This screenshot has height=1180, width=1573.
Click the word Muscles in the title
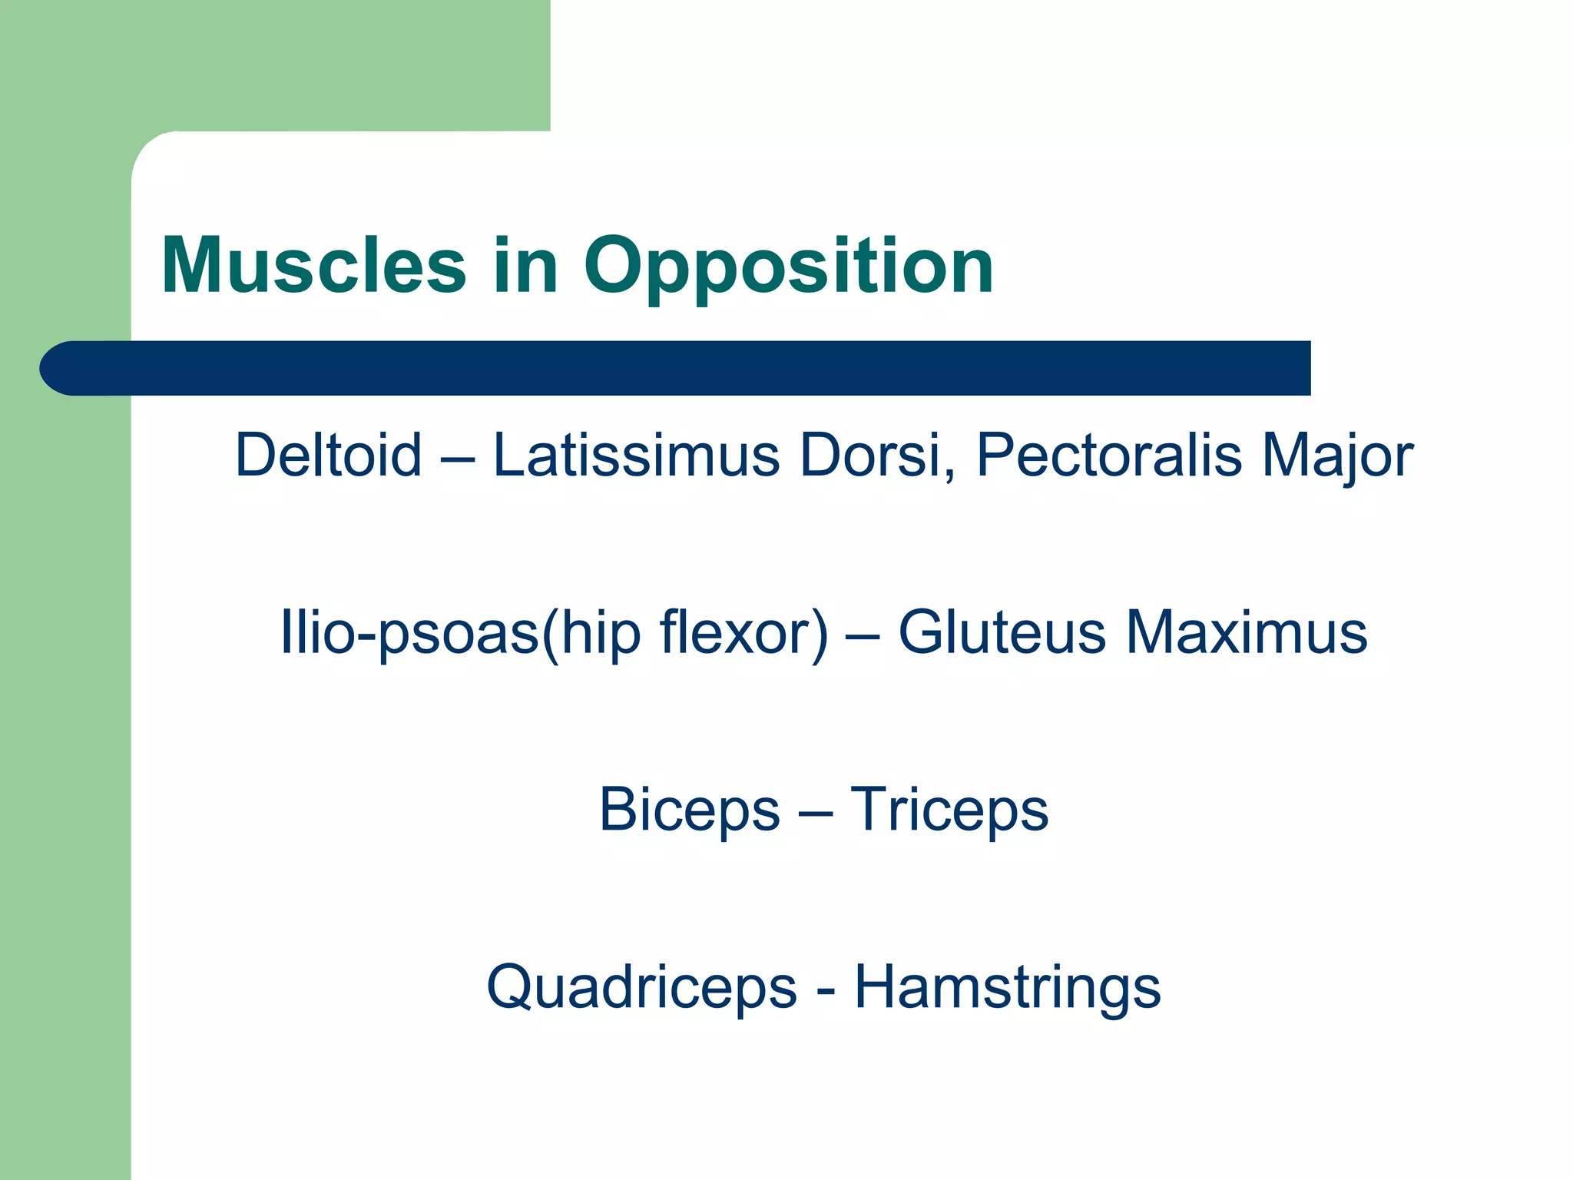[x=313, y=266]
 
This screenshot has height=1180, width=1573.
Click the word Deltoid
[x=329, y=455]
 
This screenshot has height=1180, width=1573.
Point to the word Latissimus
[x=636, y=455]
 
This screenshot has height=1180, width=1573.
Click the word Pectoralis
[x=1108, y=455]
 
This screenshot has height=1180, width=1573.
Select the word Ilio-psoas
[x=409, y=632]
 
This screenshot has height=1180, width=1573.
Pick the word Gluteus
[x=1002, y=632]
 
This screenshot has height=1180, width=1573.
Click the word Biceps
[x=689, y=810]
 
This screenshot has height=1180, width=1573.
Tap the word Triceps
[x=949, y=810]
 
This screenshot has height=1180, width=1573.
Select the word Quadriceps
[x=641, y=987]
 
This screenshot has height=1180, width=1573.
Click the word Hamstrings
[x=1007, y=987]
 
